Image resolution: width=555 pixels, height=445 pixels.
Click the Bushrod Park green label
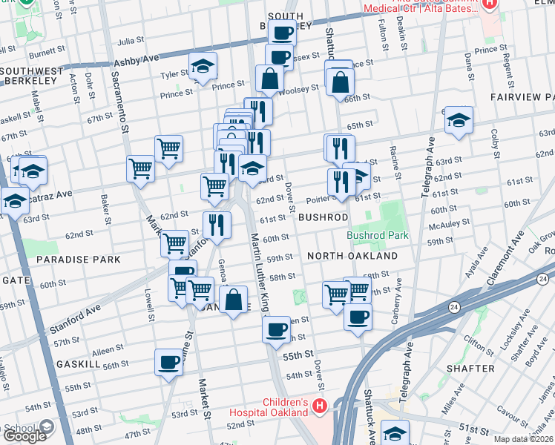click(x=378, y=235)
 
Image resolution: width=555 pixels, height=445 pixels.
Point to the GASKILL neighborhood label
click(x=78, y=365)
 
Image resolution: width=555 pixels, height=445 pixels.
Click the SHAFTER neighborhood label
click(x=471, y=368)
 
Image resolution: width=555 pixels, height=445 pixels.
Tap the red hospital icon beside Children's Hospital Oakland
click(x=320, y=406)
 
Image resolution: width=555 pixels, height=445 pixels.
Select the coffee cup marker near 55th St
click(x=169, y=363)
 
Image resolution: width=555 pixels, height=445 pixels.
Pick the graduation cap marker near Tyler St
click(x=203, y=67)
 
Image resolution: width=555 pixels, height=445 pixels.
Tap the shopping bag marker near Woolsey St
click(x=269, y=79)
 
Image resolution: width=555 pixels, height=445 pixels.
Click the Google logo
click(x=24, y=435)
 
